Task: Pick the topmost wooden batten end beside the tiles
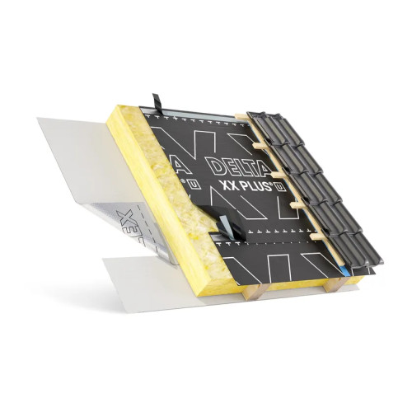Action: pos(241,119)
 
